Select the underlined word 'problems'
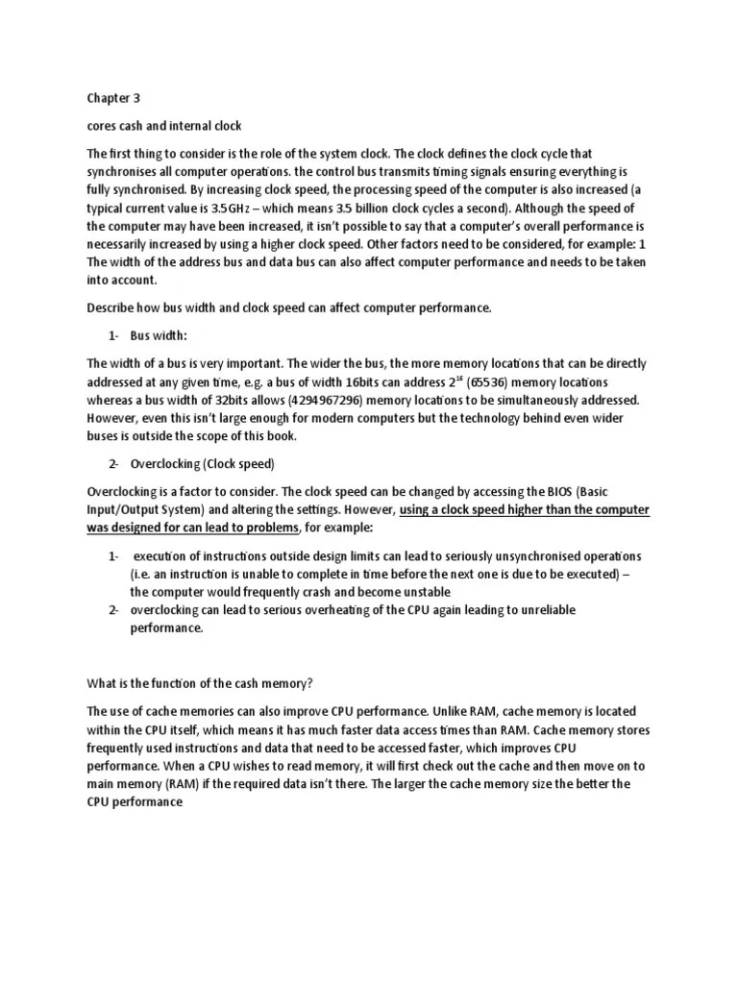coord(272,528)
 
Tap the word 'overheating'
coord(317,610)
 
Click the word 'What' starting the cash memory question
coord(101,683)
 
